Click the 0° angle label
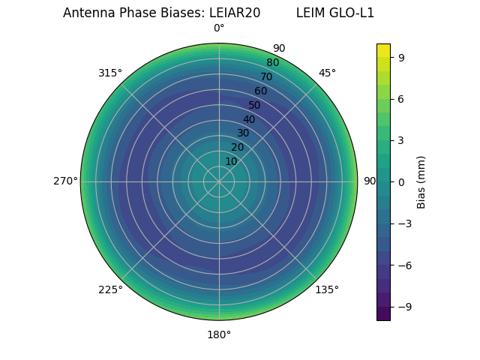219,28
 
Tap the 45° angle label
327,73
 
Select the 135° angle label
326,289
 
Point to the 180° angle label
219,334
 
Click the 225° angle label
110,289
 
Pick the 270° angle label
65,181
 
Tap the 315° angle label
110,73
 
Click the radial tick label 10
231,161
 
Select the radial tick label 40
249,119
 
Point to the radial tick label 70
266,76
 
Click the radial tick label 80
272,63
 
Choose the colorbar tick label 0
402,181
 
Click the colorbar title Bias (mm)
421,181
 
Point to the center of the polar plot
219,181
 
